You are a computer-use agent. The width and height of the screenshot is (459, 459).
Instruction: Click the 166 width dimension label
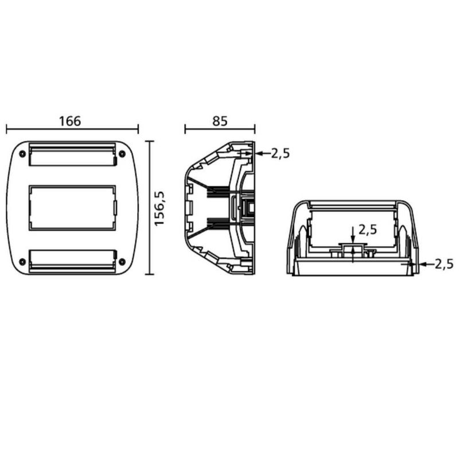tap(70, 121)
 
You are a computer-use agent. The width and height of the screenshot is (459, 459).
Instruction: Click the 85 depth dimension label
tap(220, 121)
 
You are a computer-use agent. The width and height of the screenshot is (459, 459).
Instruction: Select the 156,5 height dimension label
tap(160, 208)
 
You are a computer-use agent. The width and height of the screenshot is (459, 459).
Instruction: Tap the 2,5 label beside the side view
tap(280, 153)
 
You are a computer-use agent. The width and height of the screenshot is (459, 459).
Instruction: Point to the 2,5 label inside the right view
tap(368, 230)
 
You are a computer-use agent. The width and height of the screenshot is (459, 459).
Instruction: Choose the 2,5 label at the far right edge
tap(444, 264)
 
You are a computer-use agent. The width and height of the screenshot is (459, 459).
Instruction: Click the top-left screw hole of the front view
tap(22, 154)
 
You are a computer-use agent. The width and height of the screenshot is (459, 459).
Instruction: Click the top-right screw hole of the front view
tap(122, 154)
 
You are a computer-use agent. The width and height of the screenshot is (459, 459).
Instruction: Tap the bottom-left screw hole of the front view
tap(22, 262)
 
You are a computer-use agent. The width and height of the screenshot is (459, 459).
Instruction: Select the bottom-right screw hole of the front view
tap(122, 262)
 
